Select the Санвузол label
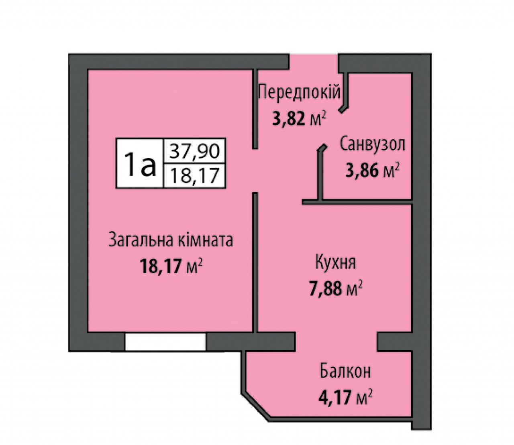click(372, 145)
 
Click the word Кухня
click(336, 263)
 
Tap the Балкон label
click(345, 371)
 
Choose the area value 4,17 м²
click(346, 397)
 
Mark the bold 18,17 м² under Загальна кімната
click(171, 265)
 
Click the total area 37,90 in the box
click(194, 151)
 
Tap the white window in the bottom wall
click(165, 342)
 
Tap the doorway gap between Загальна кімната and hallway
click(255, 171)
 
